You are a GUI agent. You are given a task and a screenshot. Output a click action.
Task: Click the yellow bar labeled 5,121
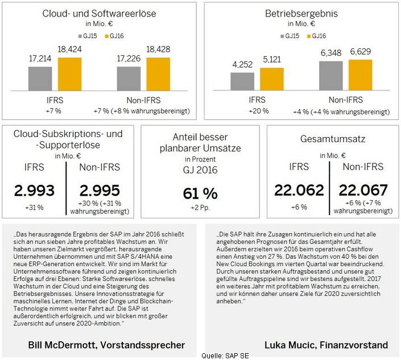271,79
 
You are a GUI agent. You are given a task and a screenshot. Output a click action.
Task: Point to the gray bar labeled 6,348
331,75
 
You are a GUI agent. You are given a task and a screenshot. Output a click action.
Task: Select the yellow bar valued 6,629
360,75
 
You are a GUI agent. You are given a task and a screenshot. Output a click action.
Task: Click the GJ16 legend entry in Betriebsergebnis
317,36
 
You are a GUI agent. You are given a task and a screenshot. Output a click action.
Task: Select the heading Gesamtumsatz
332,138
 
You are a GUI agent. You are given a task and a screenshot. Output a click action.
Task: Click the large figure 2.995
99,190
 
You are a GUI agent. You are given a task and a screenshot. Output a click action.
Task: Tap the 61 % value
200,193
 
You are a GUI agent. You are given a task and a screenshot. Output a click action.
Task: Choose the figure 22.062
299,190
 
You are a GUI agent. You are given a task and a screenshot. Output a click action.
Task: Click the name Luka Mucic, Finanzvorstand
326,345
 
